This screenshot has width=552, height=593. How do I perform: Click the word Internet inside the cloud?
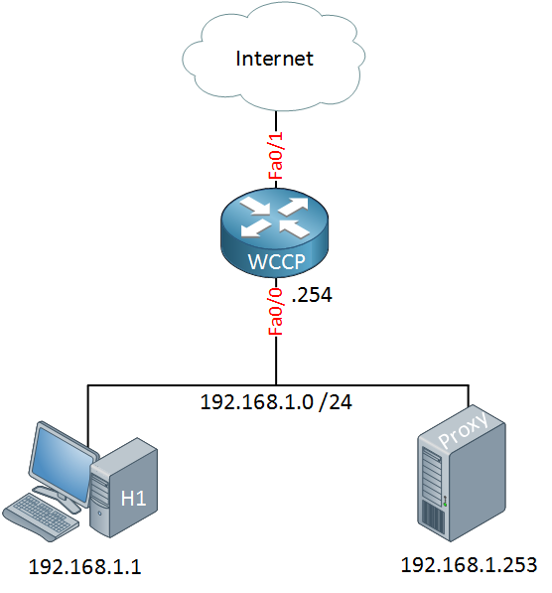274,59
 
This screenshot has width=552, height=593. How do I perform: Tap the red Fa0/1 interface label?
276,155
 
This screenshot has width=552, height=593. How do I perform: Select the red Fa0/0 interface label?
276,312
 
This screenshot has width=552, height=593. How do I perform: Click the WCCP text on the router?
276,261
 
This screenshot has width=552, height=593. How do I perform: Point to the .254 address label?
312,295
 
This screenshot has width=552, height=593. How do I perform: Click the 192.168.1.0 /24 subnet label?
276,401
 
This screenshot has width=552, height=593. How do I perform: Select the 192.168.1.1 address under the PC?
84,567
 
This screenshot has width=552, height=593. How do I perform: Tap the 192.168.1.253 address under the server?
469,565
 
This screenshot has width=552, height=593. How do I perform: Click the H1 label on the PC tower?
133,498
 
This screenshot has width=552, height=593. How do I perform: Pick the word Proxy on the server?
464,429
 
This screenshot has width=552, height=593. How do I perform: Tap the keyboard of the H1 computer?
41,516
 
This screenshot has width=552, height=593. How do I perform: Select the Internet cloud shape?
274,58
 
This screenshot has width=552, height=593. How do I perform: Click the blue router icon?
274,232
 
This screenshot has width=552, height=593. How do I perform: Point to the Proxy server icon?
462,473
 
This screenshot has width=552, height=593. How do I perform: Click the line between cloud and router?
276,149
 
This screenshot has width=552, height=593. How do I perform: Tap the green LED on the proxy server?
446,505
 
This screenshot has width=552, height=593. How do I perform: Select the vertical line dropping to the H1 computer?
87,416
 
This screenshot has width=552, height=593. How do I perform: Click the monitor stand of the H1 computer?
57,497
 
